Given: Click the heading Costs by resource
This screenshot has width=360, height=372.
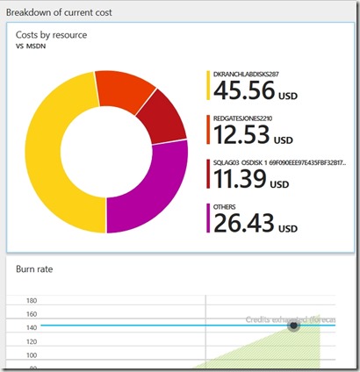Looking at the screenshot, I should point(52,34).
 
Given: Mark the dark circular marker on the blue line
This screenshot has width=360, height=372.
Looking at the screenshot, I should point(294,325).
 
